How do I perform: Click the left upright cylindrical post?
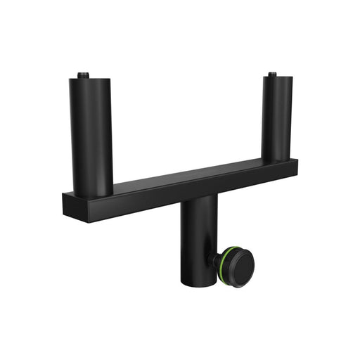click(x=91, y=134)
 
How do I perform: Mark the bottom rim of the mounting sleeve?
click(x=197, y=283)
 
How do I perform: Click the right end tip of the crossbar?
click(x=296, y=168)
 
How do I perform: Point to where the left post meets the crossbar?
click(x=92, y=193)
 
